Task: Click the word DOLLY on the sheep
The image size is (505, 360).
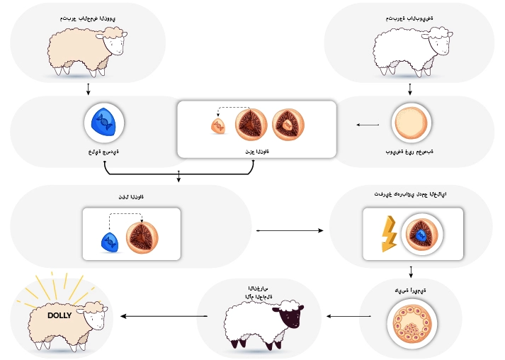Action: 59,315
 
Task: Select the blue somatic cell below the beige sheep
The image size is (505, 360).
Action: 105,123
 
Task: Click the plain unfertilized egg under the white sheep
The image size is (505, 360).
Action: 411,123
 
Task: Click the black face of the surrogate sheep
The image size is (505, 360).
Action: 290,319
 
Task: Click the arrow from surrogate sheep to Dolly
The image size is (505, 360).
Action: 163,316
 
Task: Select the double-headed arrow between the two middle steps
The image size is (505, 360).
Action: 292,230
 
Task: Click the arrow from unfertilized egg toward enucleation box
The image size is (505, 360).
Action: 368,125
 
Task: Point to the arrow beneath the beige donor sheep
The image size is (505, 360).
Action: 88,89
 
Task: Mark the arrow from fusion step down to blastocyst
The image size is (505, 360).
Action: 411,272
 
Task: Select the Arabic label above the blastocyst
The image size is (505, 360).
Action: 410,291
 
